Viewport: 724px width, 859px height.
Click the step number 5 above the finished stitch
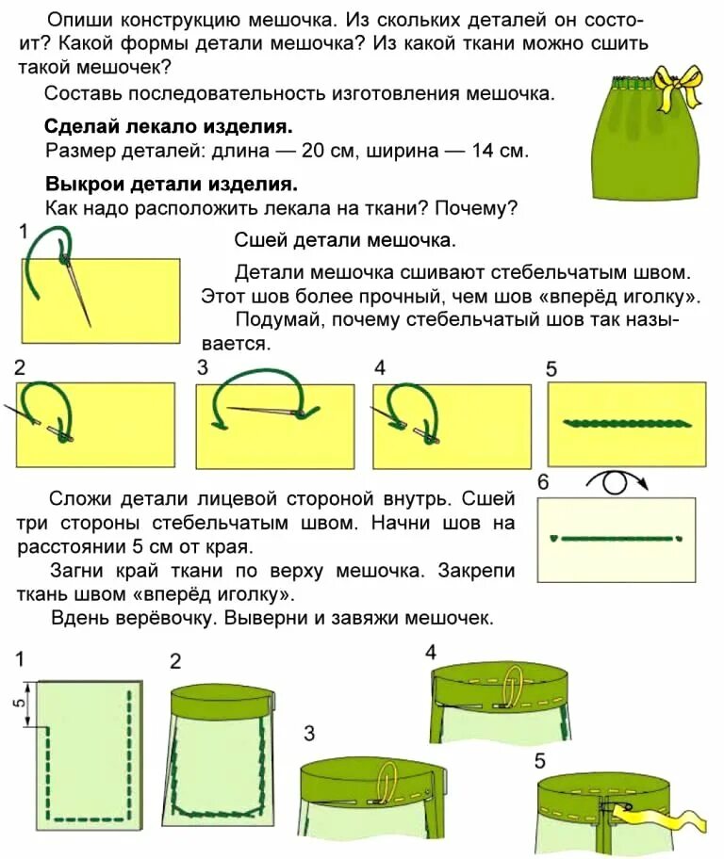pos(551,369)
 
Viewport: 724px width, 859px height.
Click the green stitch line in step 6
pos(615,539)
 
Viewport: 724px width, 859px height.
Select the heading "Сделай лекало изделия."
pos(168,126)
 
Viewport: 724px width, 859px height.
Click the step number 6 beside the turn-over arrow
pos(542,483)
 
